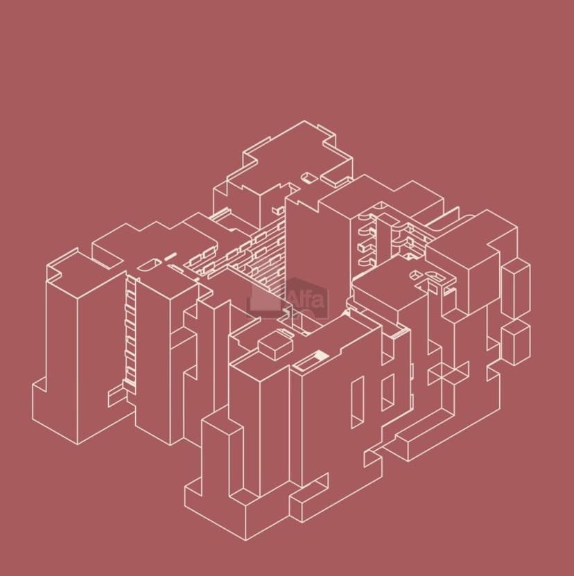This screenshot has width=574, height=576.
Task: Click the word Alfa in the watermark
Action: tap(306, 299)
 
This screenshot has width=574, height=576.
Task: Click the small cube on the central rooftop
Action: tap(275, 344)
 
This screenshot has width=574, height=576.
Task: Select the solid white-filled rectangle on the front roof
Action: tap(322, 355)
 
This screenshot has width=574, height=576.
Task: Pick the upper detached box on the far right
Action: tap(516, 288)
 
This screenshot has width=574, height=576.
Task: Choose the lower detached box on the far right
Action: tap(516, 342)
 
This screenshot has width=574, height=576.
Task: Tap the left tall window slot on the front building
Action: tap(357, 402)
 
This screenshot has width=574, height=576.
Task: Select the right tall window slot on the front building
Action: tap(388, 392)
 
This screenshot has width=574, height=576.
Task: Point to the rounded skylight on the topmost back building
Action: tap(309, 178)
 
